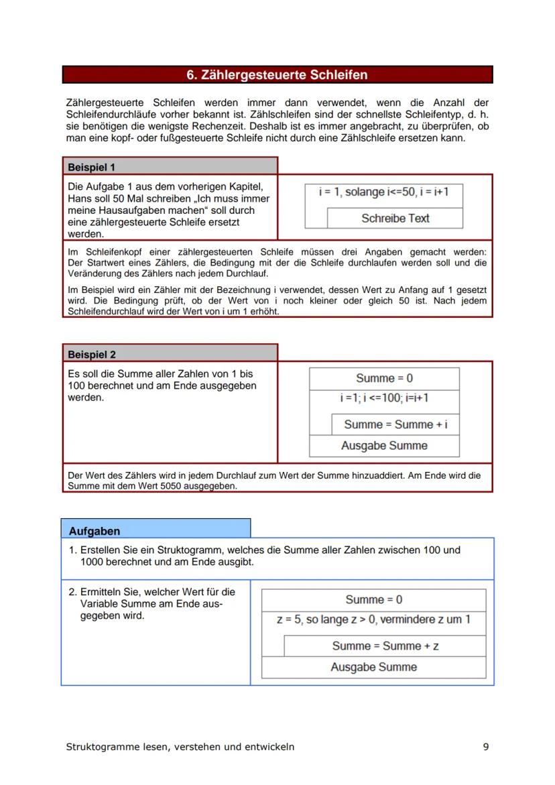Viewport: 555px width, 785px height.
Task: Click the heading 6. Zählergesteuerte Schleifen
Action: [x=277, y=75]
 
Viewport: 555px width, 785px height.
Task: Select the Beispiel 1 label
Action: [x=92, y=167]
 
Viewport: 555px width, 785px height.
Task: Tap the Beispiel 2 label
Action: [x=92, y=355]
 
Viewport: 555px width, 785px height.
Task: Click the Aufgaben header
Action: [x=95, y=531]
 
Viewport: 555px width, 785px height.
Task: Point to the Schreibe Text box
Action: [x=395, y=219]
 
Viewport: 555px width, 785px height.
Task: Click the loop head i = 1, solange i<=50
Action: [x=383, y=192]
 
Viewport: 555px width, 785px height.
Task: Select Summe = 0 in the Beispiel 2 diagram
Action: [x=384, y=378]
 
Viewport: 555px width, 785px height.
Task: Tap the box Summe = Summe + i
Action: [x=395, y=424]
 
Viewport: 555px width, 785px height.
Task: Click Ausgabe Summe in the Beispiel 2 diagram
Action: [x=384, y=446]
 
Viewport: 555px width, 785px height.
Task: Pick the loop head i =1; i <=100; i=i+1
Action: [x=384, y=398]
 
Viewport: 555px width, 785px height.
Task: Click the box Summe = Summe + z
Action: [x=385, y=646]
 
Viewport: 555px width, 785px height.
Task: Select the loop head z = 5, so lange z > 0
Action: [x=373, y=620]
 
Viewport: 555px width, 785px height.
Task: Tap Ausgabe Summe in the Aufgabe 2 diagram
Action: [x=373, y=668]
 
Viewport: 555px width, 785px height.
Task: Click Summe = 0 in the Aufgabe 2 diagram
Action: [x=373, y=600]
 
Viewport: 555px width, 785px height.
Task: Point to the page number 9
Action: [x=486, y=747]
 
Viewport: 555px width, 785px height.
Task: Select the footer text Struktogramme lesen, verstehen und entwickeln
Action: [x=180, y=747]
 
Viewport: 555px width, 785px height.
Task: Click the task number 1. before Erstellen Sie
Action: [x=73, y=550]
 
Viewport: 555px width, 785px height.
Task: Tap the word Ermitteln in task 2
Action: [x=101, y=592]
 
